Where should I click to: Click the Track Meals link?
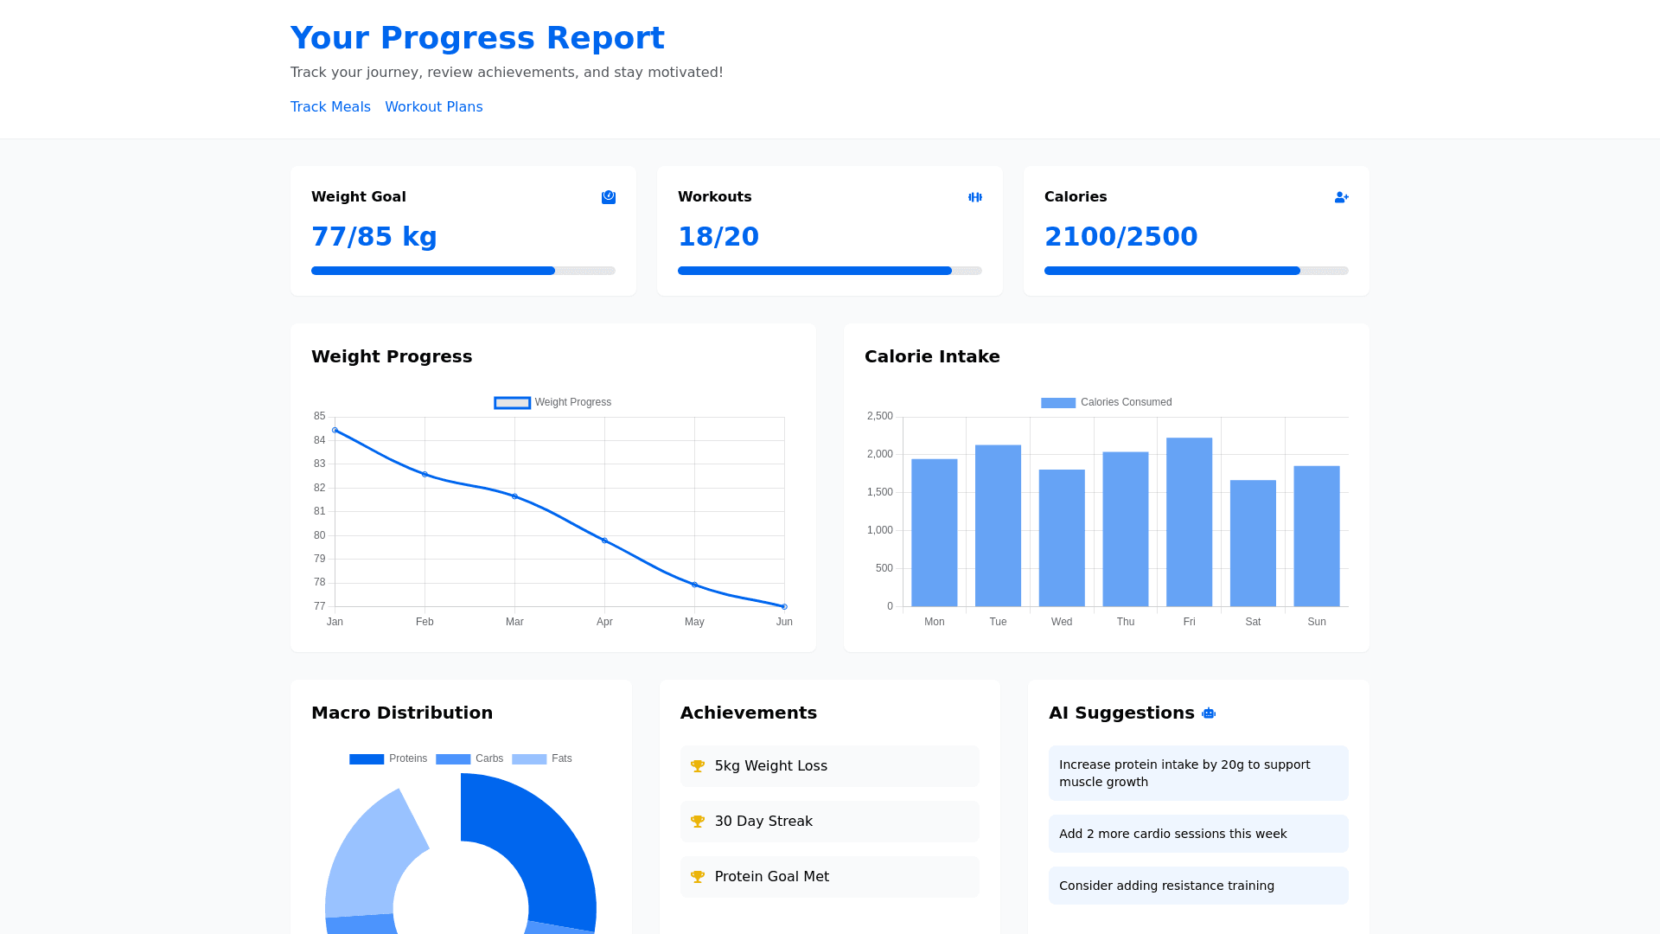click(x=330, y=107)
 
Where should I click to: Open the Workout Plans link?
click(x=433, y=107)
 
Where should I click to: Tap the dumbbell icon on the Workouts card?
click(x=975, y=197)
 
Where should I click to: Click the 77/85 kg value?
click(x=373, y=237)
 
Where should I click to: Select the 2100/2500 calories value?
click(x=1120, y=237)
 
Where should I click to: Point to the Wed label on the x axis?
click(x=1062, y=622)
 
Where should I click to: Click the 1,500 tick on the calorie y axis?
click(x=879, y=492)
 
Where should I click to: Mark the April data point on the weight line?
click(x=604, y=541)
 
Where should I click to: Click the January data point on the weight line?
click(x=335, y=430)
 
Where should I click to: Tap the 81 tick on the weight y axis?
click(x=320, y=511)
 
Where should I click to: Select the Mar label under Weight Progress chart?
click(x=514, y=622)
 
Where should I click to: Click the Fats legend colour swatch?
click(x=529, y=759)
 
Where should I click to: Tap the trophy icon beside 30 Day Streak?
click(x=698, y=822)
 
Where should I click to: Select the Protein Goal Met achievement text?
click(x=771, y=877)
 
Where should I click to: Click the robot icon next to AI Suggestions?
click(x=1209, y=713)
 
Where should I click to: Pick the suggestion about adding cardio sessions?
click(x=1172, y=834)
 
